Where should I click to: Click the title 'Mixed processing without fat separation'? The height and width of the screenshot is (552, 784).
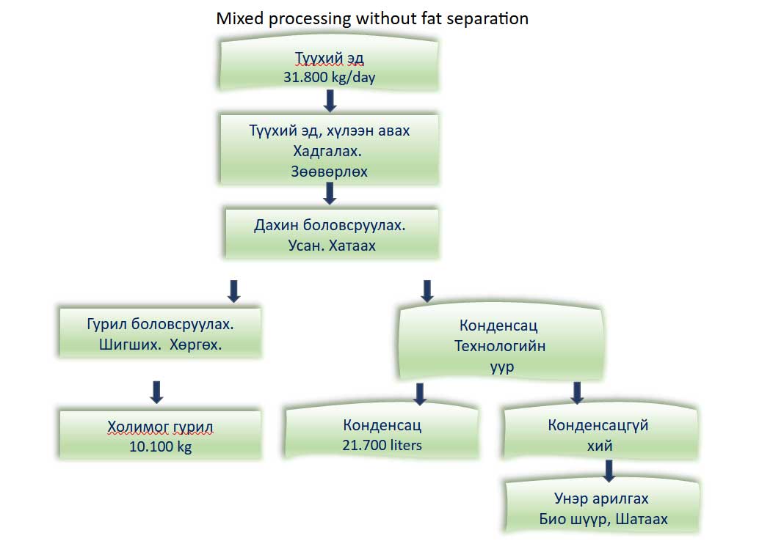(x=371, y=18)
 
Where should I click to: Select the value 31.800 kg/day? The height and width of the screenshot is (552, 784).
(x=329, y=77)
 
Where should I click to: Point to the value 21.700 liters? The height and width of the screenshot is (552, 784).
(x=382, y=444)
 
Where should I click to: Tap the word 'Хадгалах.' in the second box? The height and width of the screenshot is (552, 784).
(x=329, y=152)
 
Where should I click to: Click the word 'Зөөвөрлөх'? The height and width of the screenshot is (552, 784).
(x=329, y=172)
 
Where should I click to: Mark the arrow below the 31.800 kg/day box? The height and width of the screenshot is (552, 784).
(x=330, y=100)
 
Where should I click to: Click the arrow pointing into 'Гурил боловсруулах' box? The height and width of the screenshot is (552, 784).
(x=234, y=290)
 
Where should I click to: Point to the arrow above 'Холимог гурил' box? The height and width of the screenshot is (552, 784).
(x=156, y=391)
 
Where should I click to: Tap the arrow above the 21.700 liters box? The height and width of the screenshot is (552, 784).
(x=420, y=394)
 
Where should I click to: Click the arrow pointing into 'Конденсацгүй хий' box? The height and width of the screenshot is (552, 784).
(x=577, y=394)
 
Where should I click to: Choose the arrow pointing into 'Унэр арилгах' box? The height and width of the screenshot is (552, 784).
(x=608, y=469)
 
